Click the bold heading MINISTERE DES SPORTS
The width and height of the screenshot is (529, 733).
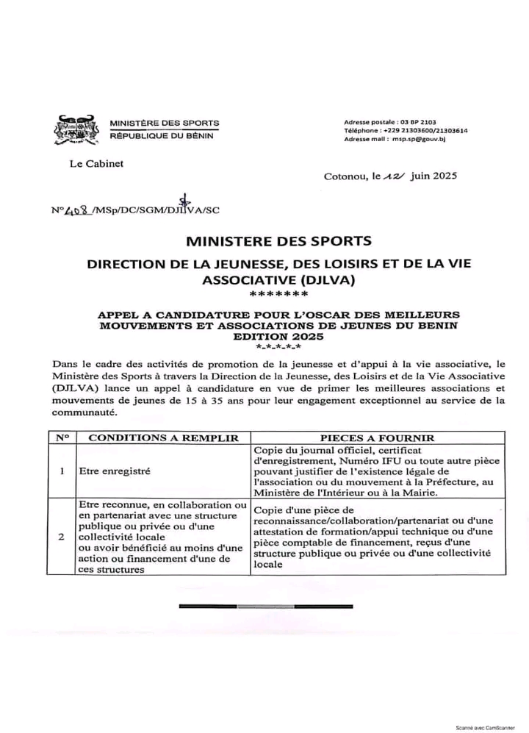pos(278,240)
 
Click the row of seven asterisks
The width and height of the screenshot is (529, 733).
pos(278,295)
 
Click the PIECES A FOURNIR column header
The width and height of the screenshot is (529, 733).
pos(377,437)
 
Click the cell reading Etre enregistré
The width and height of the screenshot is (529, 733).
pos(114,471)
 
